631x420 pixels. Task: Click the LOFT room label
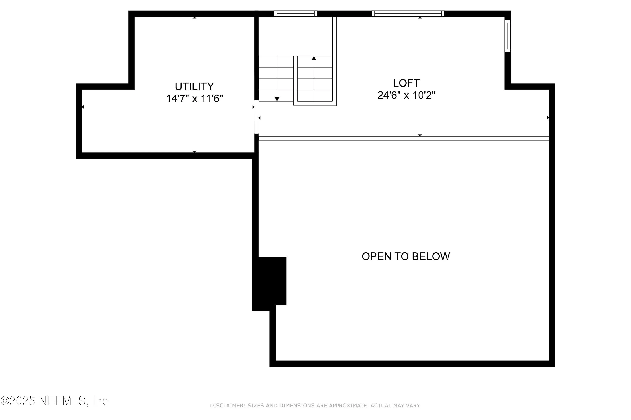point(406,83)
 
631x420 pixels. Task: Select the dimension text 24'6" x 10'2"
point(406,95)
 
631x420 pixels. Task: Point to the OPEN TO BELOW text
point(406,256)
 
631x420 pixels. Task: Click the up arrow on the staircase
point(314,58)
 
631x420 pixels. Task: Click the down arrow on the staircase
point(277,99)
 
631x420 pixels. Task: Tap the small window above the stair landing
point(295,13)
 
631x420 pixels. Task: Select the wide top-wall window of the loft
point(408,13)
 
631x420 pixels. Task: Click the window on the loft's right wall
point(507,36)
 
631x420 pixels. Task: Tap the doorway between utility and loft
point(256,117)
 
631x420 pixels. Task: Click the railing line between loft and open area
point(402,138)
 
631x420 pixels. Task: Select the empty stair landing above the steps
point(295,36)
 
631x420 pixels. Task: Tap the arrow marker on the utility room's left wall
point(83,107)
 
